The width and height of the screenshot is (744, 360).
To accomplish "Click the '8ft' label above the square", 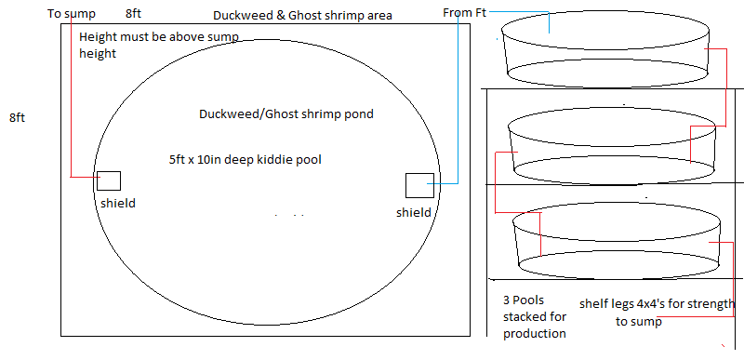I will tap(134, 14).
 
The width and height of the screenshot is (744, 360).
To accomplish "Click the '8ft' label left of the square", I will tap(18, 118).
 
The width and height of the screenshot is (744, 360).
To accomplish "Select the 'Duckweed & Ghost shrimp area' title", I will tap(302, 16).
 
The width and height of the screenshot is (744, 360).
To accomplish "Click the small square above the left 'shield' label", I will tap(108, 181).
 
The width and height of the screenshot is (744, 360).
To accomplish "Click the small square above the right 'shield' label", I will tap(419, 185).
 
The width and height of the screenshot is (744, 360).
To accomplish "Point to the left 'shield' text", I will tap(118, 203).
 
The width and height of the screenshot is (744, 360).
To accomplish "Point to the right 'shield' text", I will tap(414, 212).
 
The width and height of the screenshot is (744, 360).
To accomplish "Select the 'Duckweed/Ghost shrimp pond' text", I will tap(286, 114).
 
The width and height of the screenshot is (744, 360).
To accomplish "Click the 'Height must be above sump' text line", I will tap(159, 37).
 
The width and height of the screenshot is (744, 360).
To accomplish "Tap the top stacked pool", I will tap(603, 52).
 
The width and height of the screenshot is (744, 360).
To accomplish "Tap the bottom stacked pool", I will tap(618, 240).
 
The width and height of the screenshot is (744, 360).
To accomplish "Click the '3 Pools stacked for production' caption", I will tap(533, 317).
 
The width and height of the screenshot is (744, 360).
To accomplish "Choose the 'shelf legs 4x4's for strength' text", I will tap(657, 304).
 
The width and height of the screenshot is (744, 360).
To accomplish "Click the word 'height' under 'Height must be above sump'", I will tap(98, 54).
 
